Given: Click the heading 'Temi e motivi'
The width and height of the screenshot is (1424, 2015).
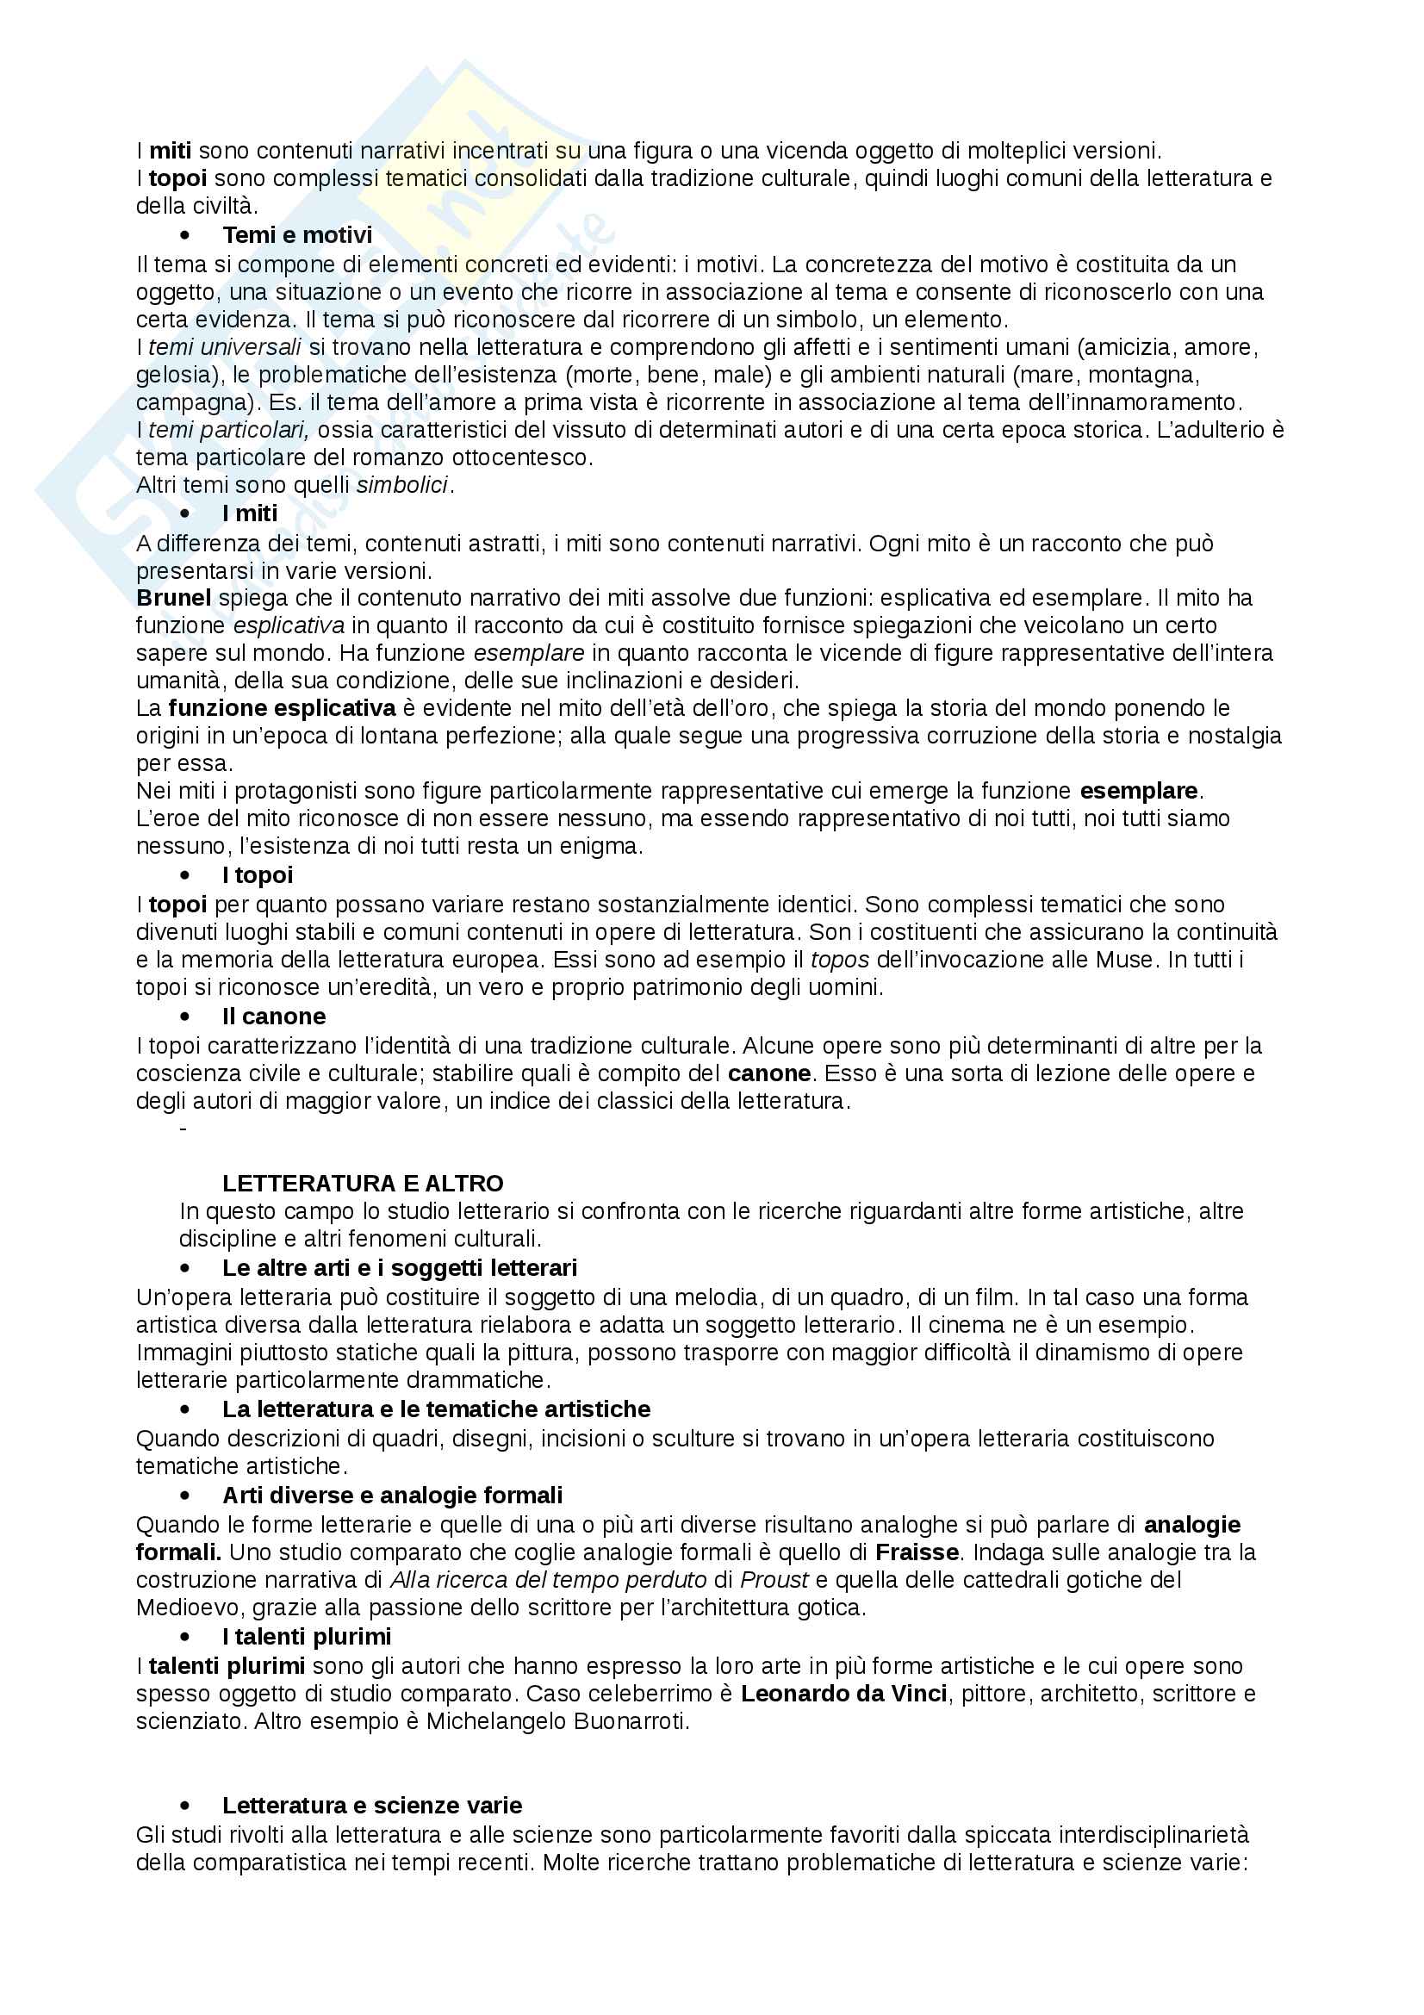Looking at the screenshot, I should [296, 235].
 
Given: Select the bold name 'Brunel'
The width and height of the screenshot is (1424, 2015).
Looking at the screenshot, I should [174, 598].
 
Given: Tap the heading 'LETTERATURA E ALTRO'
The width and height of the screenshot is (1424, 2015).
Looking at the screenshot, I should [363, 1183].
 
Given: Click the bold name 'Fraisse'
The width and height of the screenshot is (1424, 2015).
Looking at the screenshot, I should [922, 1552].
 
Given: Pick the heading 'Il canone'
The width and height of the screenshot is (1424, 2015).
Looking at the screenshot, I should [274, 1017].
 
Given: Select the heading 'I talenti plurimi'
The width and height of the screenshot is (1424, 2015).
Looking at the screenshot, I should [306, 1637].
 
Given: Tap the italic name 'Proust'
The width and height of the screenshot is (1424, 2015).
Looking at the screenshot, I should [773, 1580].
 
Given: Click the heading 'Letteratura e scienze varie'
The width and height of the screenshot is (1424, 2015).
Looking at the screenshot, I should [372, 1806].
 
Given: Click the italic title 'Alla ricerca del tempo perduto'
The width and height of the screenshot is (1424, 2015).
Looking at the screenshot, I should [549, 1580].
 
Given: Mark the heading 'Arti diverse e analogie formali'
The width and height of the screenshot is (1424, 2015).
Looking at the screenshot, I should [392, 1495].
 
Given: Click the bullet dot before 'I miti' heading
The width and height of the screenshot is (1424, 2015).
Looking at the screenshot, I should [184, 513].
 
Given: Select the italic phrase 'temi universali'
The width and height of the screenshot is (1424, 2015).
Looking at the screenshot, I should [225, 346].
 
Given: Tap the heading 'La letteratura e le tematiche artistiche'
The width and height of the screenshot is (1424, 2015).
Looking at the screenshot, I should [436, 1409].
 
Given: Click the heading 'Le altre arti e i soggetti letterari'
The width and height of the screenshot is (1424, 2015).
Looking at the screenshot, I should [399, 1268].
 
